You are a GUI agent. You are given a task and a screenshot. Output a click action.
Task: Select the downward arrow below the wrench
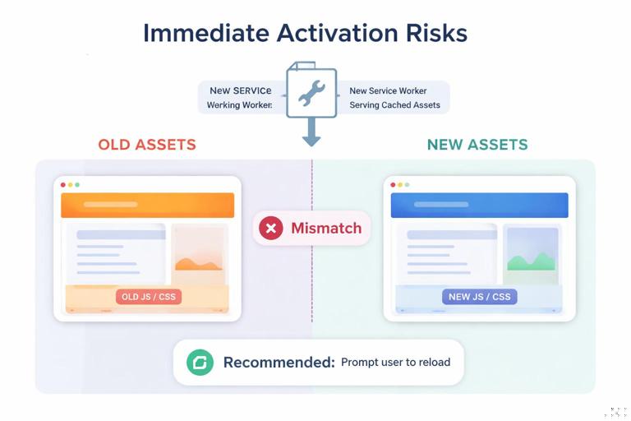311,132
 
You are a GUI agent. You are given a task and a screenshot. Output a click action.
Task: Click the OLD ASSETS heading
147,146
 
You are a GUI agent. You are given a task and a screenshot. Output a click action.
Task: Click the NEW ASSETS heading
477,146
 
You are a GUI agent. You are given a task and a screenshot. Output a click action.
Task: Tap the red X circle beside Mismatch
270,228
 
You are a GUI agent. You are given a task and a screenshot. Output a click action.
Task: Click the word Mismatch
326,228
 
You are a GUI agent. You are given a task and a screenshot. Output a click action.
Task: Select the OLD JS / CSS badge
148,297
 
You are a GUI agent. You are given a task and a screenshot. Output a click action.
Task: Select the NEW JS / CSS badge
479,297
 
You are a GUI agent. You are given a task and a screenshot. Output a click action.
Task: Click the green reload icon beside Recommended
200,362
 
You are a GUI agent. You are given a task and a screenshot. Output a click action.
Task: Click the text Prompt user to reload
395,362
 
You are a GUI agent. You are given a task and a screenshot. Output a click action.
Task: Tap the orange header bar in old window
147,205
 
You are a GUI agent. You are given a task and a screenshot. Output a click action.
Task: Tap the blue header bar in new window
479,205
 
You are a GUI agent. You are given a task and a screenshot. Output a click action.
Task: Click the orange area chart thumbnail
198,251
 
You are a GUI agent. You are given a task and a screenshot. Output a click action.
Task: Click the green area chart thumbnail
532,251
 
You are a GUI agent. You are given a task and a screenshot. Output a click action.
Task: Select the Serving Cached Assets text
394,105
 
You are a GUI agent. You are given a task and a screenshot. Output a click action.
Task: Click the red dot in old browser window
63,185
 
